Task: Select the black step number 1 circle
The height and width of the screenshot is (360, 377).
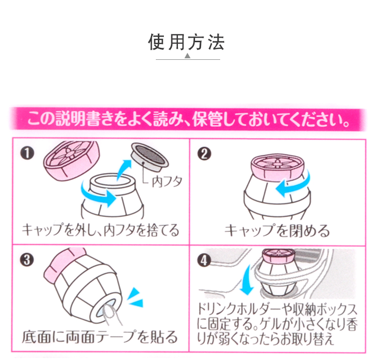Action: [x=27, y=151]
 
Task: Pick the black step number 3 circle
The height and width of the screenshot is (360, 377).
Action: [x=28, y=259]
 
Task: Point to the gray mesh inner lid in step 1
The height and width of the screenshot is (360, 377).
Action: [x=150, y=155]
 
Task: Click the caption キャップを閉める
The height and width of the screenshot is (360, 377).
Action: [x=277, y=231]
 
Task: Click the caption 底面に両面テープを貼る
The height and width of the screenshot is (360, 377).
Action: [x=100, y=336]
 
